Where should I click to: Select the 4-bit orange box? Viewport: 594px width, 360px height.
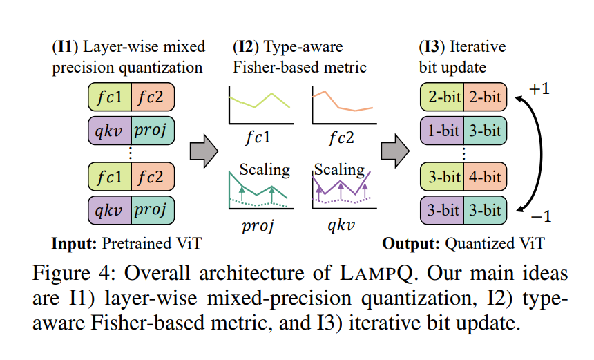[x=484, y=177]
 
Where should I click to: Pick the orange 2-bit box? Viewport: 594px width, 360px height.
[x=484, y=97]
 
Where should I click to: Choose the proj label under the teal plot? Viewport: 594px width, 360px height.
[x=258, y=225]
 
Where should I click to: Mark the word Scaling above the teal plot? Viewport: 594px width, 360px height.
[x=265, y=169]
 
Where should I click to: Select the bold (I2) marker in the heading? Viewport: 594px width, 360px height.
[x=245, y=48]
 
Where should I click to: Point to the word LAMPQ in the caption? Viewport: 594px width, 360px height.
[x=376, y=273]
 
